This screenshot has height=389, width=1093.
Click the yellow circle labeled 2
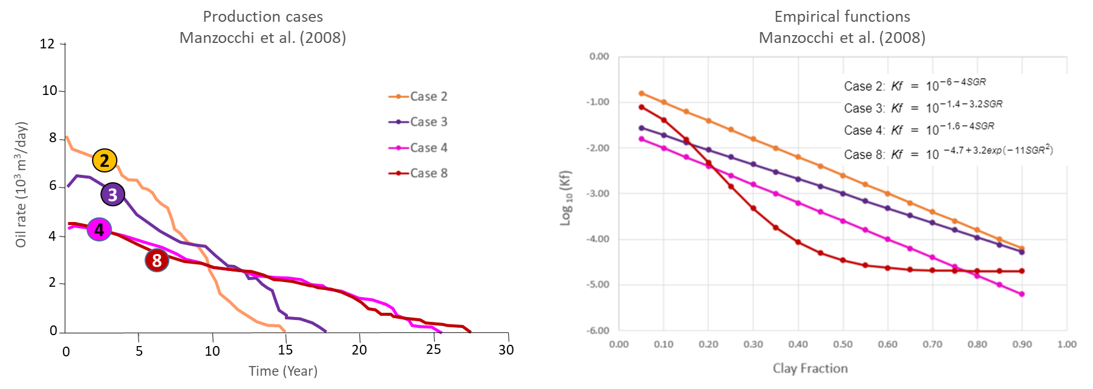(x=105, y=160)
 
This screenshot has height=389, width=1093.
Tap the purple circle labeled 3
(x=113, y=195)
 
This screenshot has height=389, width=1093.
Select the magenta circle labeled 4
(x=99, y=230)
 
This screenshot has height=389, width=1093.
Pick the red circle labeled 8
(x=157, y=260)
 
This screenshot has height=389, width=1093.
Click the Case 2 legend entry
(x=419, y=97)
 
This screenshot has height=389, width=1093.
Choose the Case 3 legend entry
(x=419, y=122)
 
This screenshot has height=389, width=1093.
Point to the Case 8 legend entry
(x=419, y=174)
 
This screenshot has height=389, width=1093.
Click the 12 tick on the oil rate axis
(x=47, y=44)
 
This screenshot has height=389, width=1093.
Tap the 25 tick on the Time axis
(x=433, y=350)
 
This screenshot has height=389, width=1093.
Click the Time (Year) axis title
(x=283, y=371)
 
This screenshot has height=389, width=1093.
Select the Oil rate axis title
(x=21, y=185)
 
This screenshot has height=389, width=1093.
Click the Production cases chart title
(x=263, y=27)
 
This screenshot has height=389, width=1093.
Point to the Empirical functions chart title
(x=842, y=27)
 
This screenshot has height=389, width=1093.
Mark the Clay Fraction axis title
(x=810, y=368)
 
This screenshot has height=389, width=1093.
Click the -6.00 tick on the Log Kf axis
(x=598, y=330)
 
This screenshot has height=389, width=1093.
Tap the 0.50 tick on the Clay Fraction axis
(x=843, y=344)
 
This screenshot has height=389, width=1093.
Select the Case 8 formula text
(x=948, y=154)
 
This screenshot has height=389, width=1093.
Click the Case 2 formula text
(x=915, y=85)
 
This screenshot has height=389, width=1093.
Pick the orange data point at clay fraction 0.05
(x=642, y=94)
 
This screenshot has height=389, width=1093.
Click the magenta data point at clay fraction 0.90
(x=1022, y=294)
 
